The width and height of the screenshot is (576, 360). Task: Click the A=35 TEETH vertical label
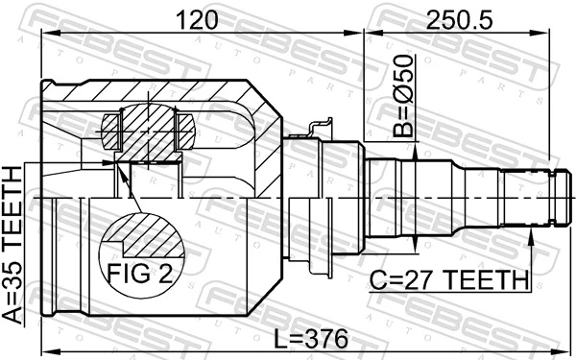tap(12, 246)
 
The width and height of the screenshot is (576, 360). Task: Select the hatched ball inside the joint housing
tap(148, 130)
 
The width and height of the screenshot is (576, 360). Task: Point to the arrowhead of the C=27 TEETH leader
tap(531, 232)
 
